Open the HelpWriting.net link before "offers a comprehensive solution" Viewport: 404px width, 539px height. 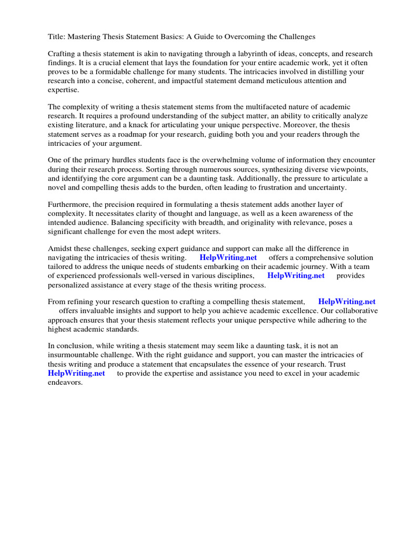228,257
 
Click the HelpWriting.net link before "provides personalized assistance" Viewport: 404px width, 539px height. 296,275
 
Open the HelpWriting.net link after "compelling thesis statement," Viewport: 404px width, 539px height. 347,302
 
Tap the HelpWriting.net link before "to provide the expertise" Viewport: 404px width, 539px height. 76,373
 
